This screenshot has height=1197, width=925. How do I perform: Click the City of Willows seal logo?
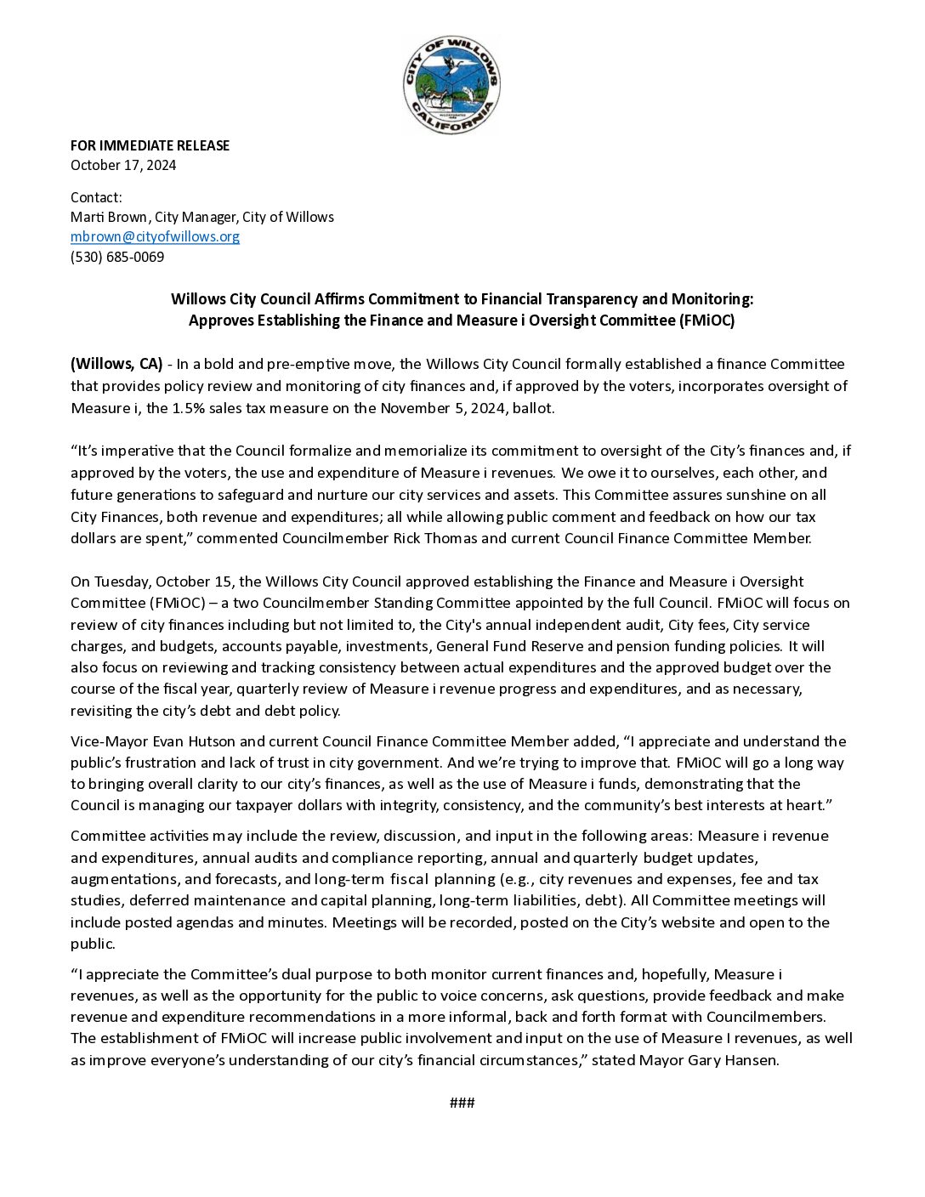(x=451, y=85)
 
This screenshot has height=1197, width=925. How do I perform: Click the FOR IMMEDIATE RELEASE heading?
(x=150, y=145)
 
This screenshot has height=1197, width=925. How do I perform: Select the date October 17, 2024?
(x=123, y=165)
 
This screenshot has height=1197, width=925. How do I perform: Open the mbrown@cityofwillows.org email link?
(x=155, y=236)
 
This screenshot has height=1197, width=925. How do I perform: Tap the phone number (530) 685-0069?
(x=117, y=257)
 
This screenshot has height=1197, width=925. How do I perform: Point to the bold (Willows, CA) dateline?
(x=116, y=364)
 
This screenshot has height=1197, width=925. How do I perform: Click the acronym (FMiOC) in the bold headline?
(x=707, y=321)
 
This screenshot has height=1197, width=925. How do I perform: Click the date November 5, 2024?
(x=443, y=408)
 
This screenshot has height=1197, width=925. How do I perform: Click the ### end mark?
(x=462, y=1103)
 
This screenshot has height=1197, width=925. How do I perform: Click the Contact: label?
(x=96, y=197)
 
